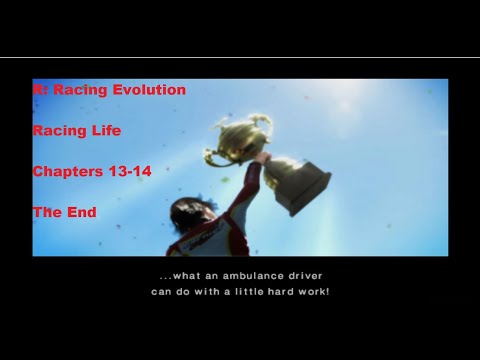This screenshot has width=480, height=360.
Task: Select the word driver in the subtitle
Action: click(x=299, y=276)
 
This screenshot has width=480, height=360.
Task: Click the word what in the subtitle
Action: click(x=187, y=276)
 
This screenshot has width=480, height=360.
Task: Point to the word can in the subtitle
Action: click(x=163, y=292)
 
